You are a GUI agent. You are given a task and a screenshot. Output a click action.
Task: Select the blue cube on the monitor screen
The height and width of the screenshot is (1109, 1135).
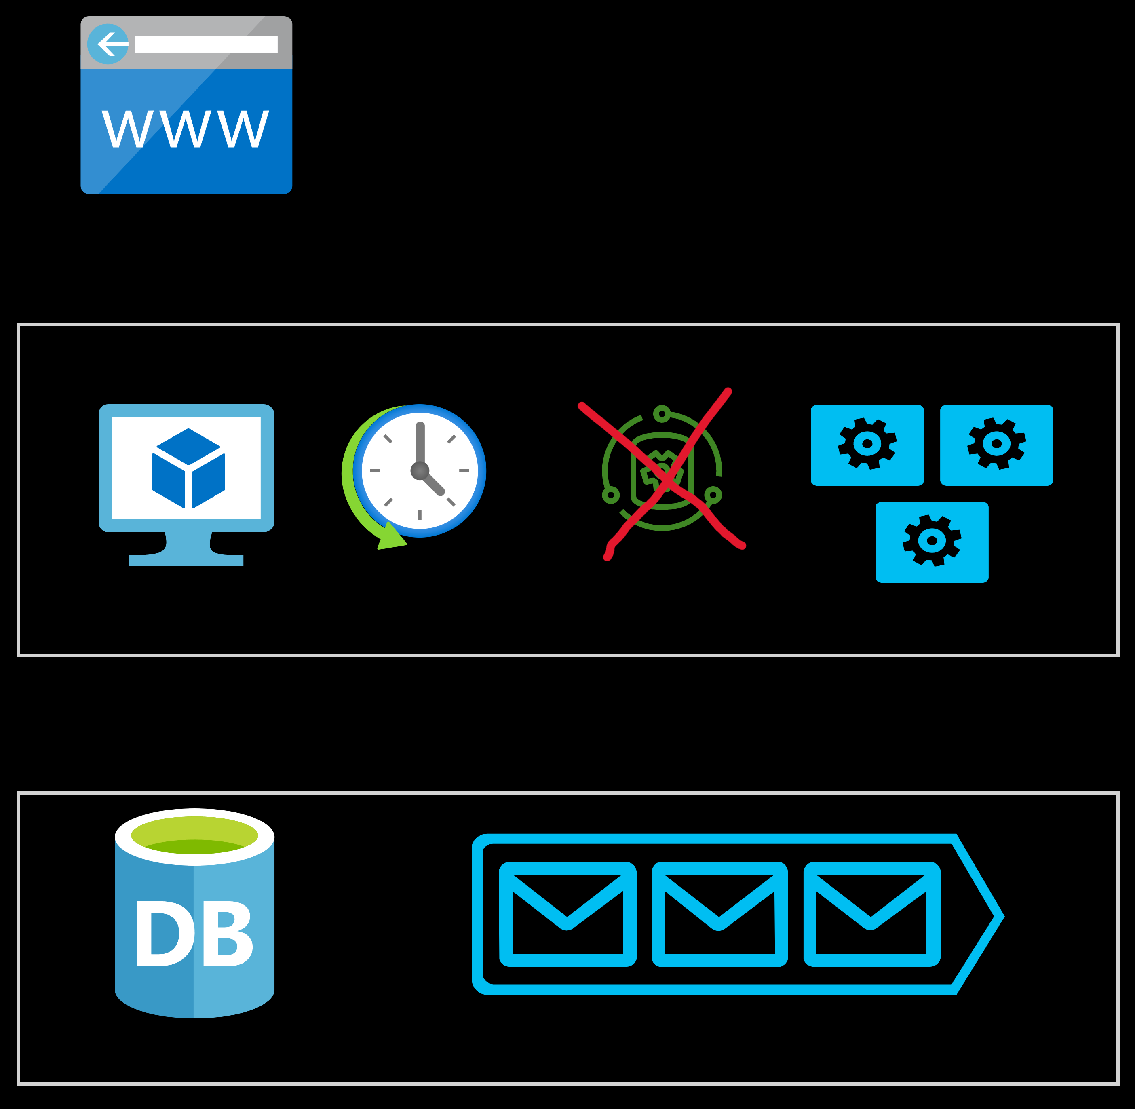pos(188,468)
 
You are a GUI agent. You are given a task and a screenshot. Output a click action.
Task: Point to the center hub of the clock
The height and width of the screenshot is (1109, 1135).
pos(420,470)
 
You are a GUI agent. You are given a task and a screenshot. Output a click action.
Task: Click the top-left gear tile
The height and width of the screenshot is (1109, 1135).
pos(867,445)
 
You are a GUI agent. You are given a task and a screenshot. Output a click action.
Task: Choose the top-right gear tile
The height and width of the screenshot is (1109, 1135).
pos(996,445)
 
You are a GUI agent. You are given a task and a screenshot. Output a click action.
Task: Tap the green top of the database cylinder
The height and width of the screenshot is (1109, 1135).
pos(194,835)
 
